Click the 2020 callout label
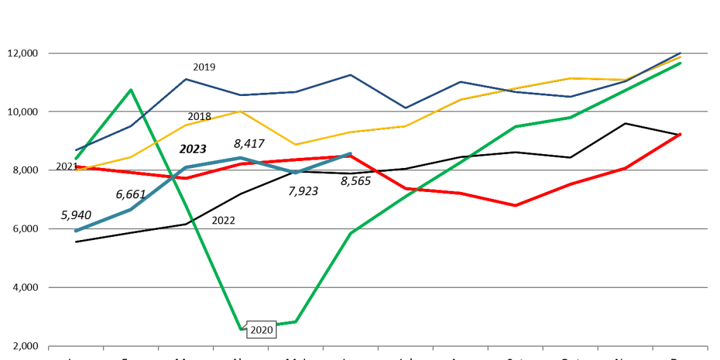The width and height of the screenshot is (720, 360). (x=261, y=330)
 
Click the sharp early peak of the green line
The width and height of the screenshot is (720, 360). (x=131, y=90)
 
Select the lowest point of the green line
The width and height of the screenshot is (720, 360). (x=241, y=328)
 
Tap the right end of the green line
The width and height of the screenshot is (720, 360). (x=680, y=63)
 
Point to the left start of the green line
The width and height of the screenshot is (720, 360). (x=76, y=159)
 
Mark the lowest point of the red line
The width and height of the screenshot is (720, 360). (x=515, y=205)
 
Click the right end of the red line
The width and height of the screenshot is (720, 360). (x=680, y=134)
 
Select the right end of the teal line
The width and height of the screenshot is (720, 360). (x=351, y=153)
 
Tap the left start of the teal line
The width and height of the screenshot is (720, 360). (x=76, y=231)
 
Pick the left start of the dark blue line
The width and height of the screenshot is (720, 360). (x=76, y=150)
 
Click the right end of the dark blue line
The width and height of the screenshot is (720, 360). (x=680, y=53)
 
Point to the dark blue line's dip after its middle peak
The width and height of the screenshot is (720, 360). (x=405, y=108)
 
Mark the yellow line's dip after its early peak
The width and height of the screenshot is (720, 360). (x=296, y=145)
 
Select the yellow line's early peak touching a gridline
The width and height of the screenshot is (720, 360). (x=241, y=111)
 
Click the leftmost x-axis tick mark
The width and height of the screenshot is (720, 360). (x=49, y=347)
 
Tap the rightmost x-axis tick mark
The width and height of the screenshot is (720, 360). (x=707, y=347)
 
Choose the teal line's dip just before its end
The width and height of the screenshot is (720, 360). (x=296, y=172)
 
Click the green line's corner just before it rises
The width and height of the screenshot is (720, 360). (x=296, y=322)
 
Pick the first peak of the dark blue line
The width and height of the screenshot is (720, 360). (x=186, y=79)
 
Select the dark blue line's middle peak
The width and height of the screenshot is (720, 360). (x=351, y=75)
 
